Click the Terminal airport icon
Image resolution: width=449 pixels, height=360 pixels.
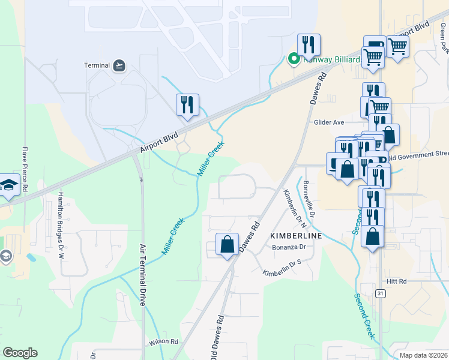pyautogui.click(x=119, y=65)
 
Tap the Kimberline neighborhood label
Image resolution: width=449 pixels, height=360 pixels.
pyautogui.click(x=295, y=236)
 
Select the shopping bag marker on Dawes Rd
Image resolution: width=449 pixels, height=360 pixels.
pyautogui.click(x=227, y=245)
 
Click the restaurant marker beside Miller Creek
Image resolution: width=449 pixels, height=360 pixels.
pyautogui.click(x=187, y=105)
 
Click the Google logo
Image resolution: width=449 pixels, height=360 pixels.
pyautogui.click(x=19, y=353)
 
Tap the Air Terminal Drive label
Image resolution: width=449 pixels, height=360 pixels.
pyautogui.click(x=143, y=275)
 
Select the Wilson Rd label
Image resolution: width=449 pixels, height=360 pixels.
pyautogui.click(x=164, y=342)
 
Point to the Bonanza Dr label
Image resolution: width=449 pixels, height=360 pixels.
pyautogui.click(x=289, y=247)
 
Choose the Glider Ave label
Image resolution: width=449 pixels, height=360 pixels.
pyautogui.click(x=329, y=122)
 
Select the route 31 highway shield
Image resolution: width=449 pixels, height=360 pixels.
pyautogui.click(x=381, y=293)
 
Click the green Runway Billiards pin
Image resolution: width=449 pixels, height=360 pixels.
pyautogui.click(x=294, y=59)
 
